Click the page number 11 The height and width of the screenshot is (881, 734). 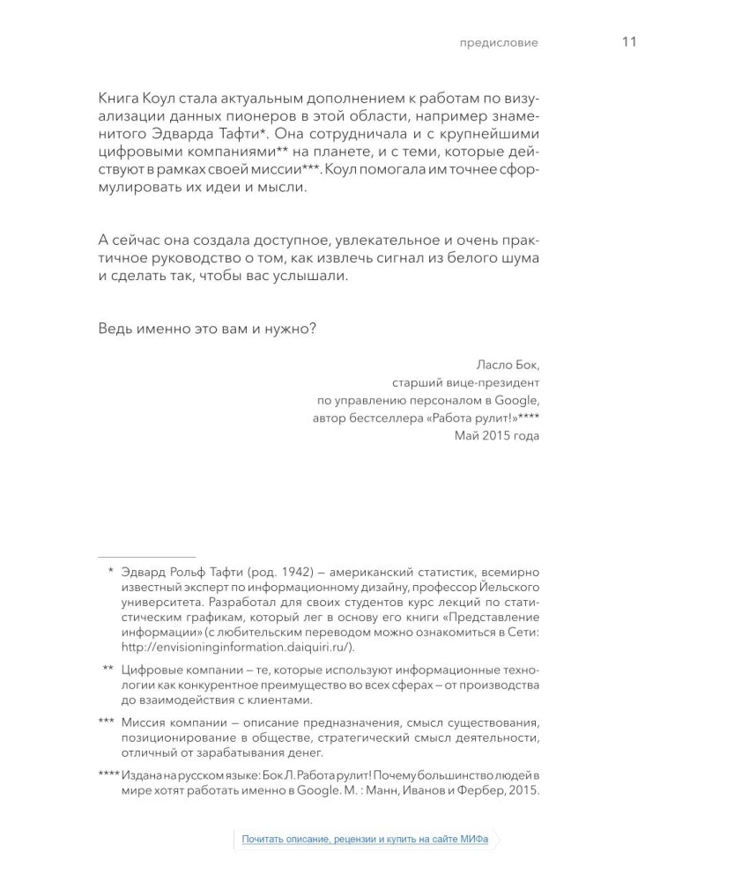[629, 41]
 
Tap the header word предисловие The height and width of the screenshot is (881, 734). [500, 42]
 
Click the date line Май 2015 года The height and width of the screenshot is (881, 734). [497, 436]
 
